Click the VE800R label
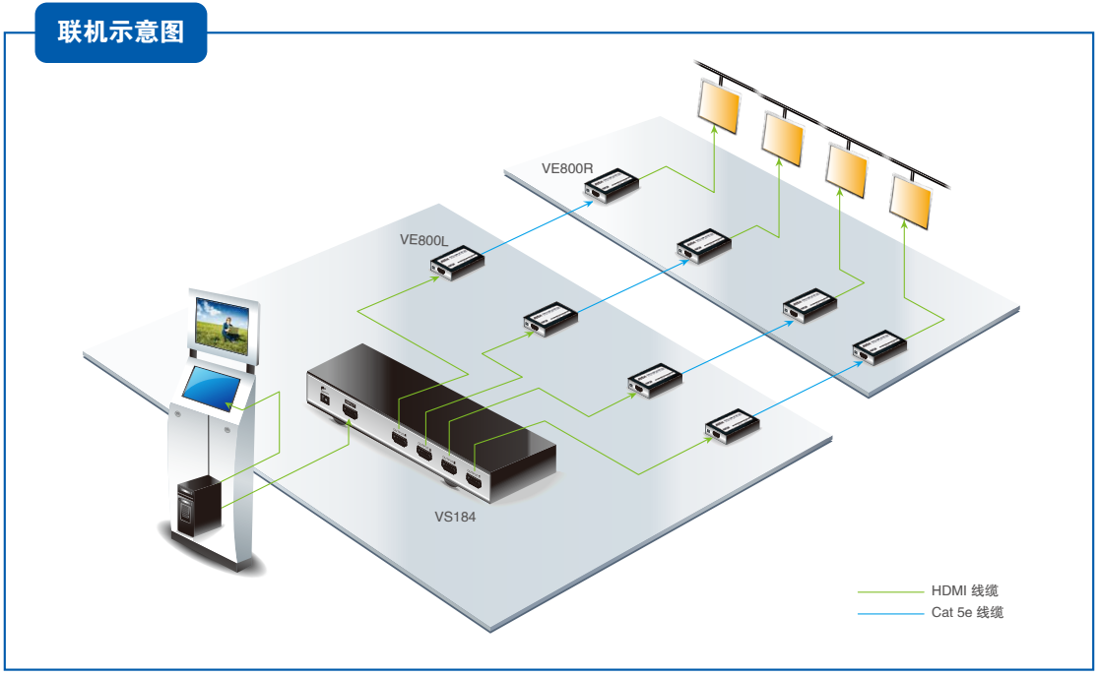567,168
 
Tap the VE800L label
423,239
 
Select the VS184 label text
455,516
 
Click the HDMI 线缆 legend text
965,591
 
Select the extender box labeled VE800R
614,184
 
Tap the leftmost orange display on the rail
719,104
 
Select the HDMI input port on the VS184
350,409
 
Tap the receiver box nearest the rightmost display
879,347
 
